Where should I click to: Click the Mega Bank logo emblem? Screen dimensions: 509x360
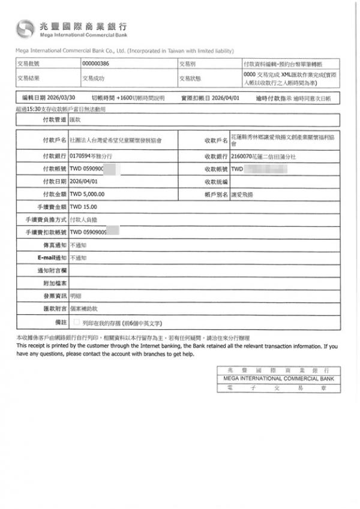(x=26, y=28)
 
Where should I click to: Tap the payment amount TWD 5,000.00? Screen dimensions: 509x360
(x=88, y=194)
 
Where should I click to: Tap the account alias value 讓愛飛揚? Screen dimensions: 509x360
(x=242, y=194)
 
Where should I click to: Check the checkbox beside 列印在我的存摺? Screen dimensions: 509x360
(x=76, y=323)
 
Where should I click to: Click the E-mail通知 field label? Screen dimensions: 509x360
(x=51, y=257)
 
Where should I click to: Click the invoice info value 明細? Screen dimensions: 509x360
(x=76, y=296)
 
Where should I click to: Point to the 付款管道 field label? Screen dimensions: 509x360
(x=53, y=121)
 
